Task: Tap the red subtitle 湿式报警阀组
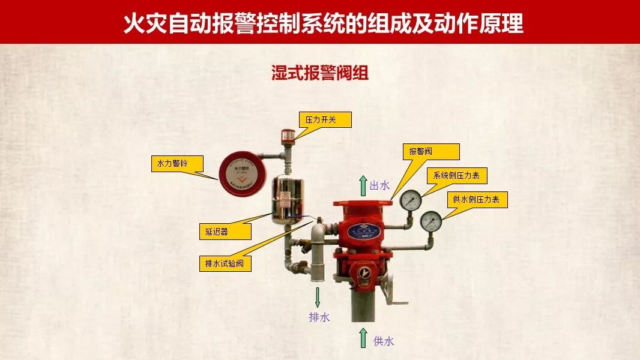click(319, 73)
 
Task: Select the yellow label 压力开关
click(325, 120)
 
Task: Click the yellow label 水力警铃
click(177, 164)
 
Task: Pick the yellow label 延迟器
click(225, 232)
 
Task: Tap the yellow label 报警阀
click(431, 152)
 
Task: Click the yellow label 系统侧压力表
click(456, 176)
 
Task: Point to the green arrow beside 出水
click(363, 185)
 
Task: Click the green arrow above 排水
click(318, 297)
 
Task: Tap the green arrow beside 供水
click(363, 338)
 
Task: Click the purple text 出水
click(379, 186)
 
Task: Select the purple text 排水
click(319, 317)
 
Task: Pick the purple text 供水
click(384, 341)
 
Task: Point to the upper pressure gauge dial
click(411, 200)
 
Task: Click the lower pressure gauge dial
click(431, 221)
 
